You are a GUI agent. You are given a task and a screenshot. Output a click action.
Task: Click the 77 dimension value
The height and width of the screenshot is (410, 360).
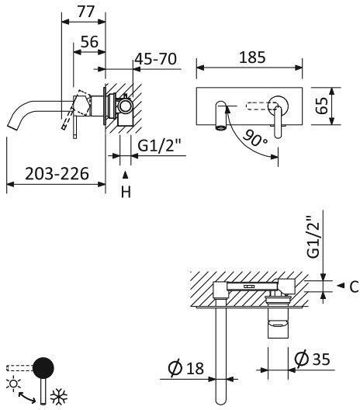point(85,11)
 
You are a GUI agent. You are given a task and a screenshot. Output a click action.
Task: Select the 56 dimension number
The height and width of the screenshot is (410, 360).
point(89,41)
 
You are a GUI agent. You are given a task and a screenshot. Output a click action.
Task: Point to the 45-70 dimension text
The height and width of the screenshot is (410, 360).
point(156,58)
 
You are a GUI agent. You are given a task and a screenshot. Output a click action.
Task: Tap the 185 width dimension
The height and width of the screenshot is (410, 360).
point(252,57)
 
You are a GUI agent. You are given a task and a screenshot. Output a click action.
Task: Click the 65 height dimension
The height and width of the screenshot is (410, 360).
point(322,106)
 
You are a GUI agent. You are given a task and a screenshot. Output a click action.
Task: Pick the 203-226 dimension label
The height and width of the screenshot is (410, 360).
point(57,173)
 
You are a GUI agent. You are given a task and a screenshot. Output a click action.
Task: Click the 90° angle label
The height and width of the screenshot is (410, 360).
point(254,138)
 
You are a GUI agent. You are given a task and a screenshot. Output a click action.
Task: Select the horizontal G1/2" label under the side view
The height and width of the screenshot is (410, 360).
point(159,145)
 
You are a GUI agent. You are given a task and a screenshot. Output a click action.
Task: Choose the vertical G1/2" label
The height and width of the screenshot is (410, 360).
point(313,237)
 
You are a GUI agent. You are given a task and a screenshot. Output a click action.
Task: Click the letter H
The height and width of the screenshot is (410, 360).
point(126,193)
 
